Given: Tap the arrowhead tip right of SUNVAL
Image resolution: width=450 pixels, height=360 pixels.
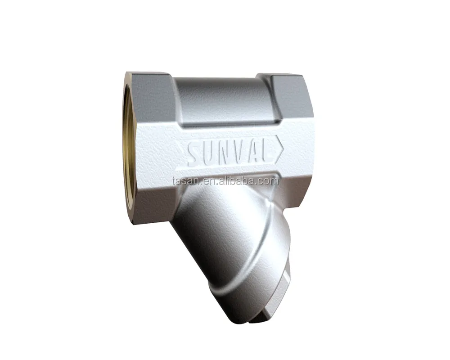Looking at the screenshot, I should tap(283, 149).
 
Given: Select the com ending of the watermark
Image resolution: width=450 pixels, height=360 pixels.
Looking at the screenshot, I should tap(270, 181).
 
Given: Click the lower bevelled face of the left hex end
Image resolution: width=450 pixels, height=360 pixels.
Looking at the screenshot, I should tap(153, 202).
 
